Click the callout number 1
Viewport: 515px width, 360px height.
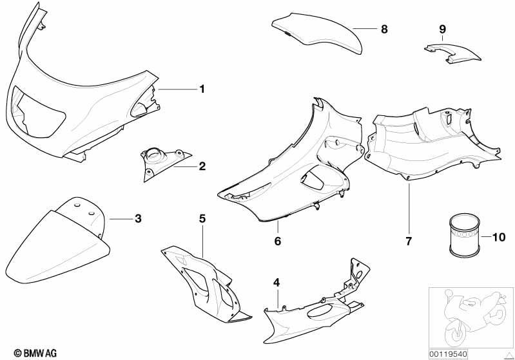pos(202,89)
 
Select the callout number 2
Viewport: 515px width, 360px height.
pos(202,166)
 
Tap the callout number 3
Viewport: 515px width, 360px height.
pos(139,218)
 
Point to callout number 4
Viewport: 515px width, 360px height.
pos(277,283)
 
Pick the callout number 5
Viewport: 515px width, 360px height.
pos(202,218)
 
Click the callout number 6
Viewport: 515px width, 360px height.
pos(278,242)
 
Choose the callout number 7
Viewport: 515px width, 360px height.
pos(409,242)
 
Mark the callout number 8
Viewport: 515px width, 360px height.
pos(384,30)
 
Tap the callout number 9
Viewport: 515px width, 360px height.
pos(442,30)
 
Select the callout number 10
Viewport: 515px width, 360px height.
pos(498,237)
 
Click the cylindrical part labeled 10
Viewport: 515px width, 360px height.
pos(465,234)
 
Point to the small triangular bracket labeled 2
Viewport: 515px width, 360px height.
pos(164,164)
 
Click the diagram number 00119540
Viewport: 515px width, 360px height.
pos(449,354)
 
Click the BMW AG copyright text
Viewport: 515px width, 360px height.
pos(35,353)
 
